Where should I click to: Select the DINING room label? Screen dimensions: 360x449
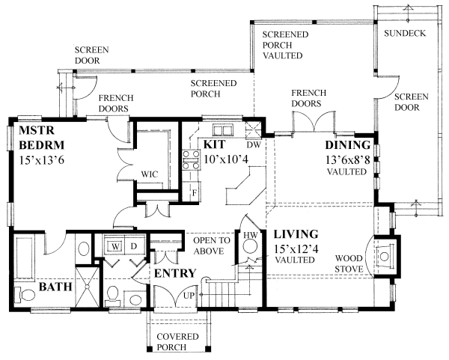tap(348, 144)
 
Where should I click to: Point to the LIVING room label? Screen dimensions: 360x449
tap(296, 234)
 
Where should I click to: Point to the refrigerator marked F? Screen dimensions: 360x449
tap(195, 192)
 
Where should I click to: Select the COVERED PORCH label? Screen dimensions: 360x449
tap(177, 342)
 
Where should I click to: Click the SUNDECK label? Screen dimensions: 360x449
tap(405, 34)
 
